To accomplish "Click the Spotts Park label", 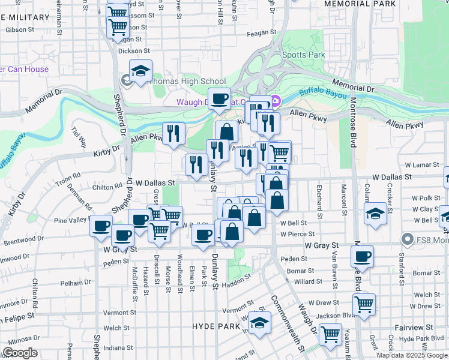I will (x=304, y=55).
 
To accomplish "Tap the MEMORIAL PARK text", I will (x=360, y=4).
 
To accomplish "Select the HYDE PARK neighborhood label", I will (x=215, y=325).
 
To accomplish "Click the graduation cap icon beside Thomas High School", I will (x=140, y=71).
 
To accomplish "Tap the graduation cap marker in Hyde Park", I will (x=259, y=323).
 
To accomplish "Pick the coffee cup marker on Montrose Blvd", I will (x=362, y=256).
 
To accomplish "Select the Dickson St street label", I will (x=133, y=51).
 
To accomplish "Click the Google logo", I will (x=20, y=353).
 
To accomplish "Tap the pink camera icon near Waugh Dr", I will (x=276, y=100).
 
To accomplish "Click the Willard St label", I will (x=309, y=281).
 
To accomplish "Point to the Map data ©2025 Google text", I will (x=411, y=355).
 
